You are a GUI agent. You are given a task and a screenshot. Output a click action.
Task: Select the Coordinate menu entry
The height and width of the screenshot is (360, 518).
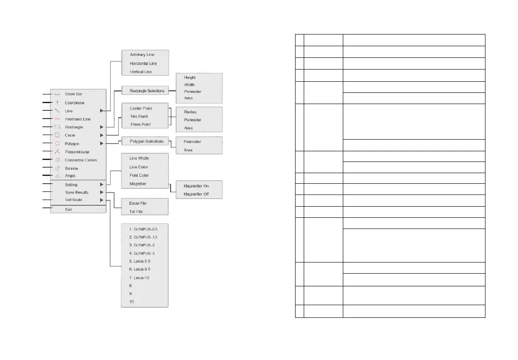[x=75, y=103]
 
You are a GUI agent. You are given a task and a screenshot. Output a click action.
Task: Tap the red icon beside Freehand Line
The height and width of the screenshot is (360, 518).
[x=57, y=119]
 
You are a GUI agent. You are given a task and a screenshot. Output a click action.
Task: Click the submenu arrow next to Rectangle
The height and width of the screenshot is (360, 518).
[x=102, y=127]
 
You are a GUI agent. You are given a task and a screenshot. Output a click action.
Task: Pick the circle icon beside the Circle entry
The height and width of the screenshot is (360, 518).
[x=57, y=135]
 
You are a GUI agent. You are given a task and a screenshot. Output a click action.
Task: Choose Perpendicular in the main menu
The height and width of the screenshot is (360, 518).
[x=77, y=151]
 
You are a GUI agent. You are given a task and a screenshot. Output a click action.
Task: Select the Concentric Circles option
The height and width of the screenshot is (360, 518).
[x=81, y=160]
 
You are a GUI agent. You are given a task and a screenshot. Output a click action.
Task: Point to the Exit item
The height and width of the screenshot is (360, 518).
[x=69, y=209]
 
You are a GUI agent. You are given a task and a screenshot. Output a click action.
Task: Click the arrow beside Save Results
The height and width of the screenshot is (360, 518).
[x=102, y=192]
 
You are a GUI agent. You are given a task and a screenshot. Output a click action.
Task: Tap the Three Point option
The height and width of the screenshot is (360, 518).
[x=141, y=124]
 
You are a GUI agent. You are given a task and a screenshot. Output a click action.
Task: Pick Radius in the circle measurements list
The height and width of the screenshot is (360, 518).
[x=190, y=112]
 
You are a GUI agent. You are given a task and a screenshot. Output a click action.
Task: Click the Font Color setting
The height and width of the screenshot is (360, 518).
[x=139, y=175]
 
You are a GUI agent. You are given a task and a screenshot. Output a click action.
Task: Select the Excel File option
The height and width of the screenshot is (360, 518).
[x=138, y=203]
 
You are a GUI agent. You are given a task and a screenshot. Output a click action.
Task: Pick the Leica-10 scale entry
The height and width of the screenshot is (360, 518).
[x=139, y=278]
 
